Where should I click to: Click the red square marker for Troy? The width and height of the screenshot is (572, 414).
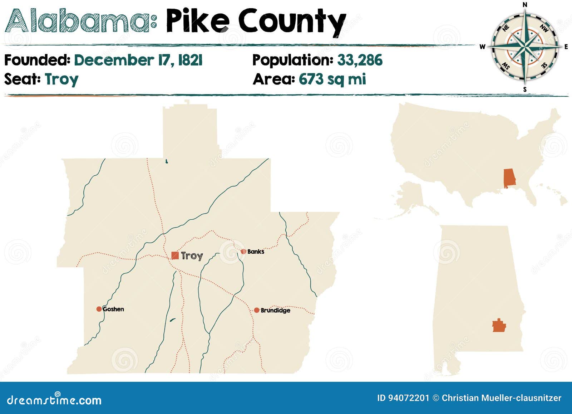[175, 255]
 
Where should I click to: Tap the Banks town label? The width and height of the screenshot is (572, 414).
[256, 252]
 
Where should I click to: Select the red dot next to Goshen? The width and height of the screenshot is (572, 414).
[99, 309]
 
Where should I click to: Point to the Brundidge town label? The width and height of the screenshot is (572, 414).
[275, 310]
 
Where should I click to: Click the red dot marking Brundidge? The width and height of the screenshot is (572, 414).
[256, 310]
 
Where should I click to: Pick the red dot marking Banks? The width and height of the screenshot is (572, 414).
[243, 252]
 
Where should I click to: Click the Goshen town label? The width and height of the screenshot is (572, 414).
[113, 309]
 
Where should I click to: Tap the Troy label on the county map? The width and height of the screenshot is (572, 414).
[192, 255]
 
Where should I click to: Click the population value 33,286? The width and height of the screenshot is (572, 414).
[360, 60]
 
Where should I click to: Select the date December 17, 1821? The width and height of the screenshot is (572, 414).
[138, 60]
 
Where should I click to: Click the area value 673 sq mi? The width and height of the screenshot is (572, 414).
[332, 79]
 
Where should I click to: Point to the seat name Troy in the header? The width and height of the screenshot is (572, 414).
[61, 79]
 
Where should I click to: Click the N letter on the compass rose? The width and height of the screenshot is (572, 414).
[525, 5]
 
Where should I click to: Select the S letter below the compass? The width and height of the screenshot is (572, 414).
[525, 89]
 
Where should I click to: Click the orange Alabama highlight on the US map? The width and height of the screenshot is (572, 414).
[509, 178]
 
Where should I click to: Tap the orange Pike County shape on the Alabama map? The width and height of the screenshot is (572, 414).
[499, 326]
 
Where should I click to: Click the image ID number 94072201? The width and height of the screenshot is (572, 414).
[408, 398]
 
